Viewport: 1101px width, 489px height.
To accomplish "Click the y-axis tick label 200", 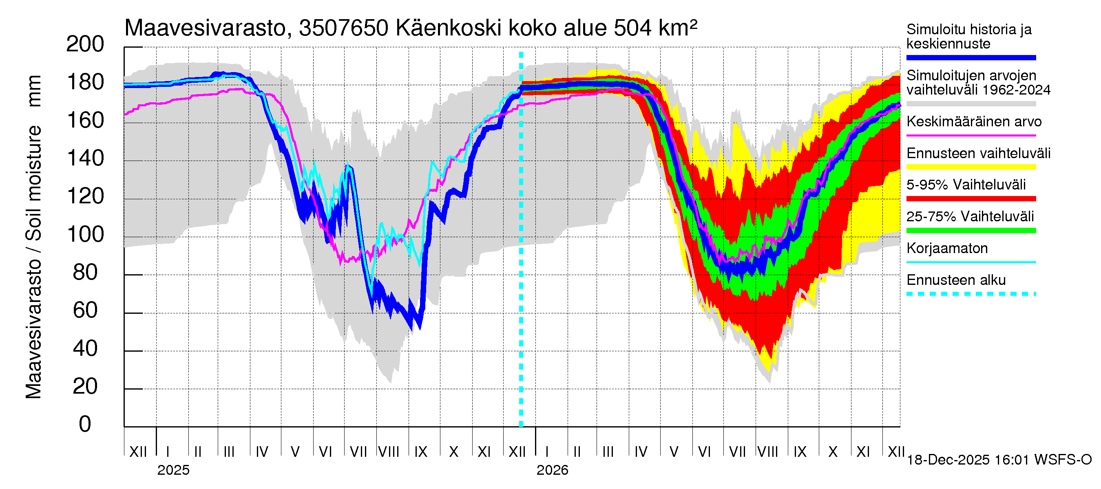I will click(x=85, y=44).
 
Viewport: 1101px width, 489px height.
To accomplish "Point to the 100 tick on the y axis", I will click(x=85, y=234).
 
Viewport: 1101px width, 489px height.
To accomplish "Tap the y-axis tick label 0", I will click(x=85, y=424).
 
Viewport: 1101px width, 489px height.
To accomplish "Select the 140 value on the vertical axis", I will click(x=85, y=159).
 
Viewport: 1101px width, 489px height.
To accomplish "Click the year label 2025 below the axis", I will click(x=173, y=470).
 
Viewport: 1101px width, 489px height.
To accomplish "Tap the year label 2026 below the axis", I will click(x=552, y=470).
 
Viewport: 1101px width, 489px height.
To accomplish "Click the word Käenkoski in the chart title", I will click(x=448, y=28).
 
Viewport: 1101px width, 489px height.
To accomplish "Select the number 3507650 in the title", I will click(x=344, y=28).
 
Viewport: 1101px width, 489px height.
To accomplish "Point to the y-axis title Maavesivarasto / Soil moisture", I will click(x=33, y=237).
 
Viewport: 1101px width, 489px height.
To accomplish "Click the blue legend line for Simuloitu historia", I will click(x=971, y=57).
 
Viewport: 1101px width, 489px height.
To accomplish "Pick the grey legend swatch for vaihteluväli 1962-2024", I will click(x=971, y=104).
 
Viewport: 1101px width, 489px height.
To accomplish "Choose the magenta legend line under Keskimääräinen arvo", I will click(x=971, y=135).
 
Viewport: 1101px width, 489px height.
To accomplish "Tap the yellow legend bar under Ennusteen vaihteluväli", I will click(x=971, y=167).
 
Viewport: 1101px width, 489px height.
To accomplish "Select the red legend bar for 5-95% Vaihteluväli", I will click(x=971, y=198).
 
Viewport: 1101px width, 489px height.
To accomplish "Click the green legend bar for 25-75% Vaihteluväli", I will click(x=971, y=231).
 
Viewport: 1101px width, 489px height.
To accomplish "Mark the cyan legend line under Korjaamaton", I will click(x=971, y=262).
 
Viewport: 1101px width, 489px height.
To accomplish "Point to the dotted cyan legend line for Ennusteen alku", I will click(x=971, y=294).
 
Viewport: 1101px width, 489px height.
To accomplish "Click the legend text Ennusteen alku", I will click(x=956, y=280).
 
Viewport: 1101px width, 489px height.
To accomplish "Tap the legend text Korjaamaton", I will click(x=947, y=248).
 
